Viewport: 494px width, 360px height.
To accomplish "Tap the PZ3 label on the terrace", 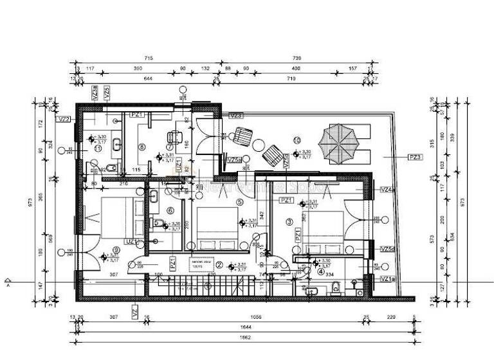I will [x=416, y=157].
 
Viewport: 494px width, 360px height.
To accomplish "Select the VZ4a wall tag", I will [x=387, y=190].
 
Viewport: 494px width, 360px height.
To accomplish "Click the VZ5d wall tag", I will [x=387, y=249].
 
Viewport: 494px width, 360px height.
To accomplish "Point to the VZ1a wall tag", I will [x=387, y=278].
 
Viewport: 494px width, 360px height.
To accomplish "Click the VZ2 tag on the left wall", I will [x=64, y=119].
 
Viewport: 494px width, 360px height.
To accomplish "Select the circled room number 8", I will [x=142, y=146].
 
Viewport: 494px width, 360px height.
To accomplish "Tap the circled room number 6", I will [x=170, y=210].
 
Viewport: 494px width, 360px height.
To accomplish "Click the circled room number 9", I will [x=116, y=250].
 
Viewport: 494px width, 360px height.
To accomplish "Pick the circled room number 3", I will [x=289, y=222].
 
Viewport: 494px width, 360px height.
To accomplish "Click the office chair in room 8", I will [x=172, y=136].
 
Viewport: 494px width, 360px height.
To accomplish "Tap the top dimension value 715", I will [x=149, y=59].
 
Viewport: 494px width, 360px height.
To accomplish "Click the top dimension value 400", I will [x=296, y=67].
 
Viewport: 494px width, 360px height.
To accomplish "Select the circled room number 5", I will [x=239, y=202].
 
